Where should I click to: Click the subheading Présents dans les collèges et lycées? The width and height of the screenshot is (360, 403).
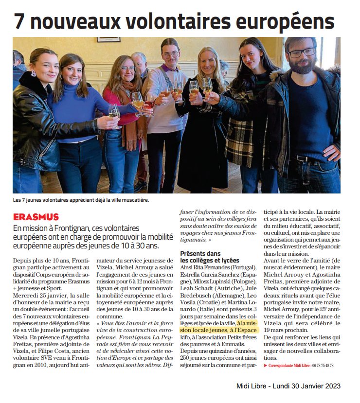click(210, 257)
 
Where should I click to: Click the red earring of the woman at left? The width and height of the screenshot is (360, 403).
click(34, 74)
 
